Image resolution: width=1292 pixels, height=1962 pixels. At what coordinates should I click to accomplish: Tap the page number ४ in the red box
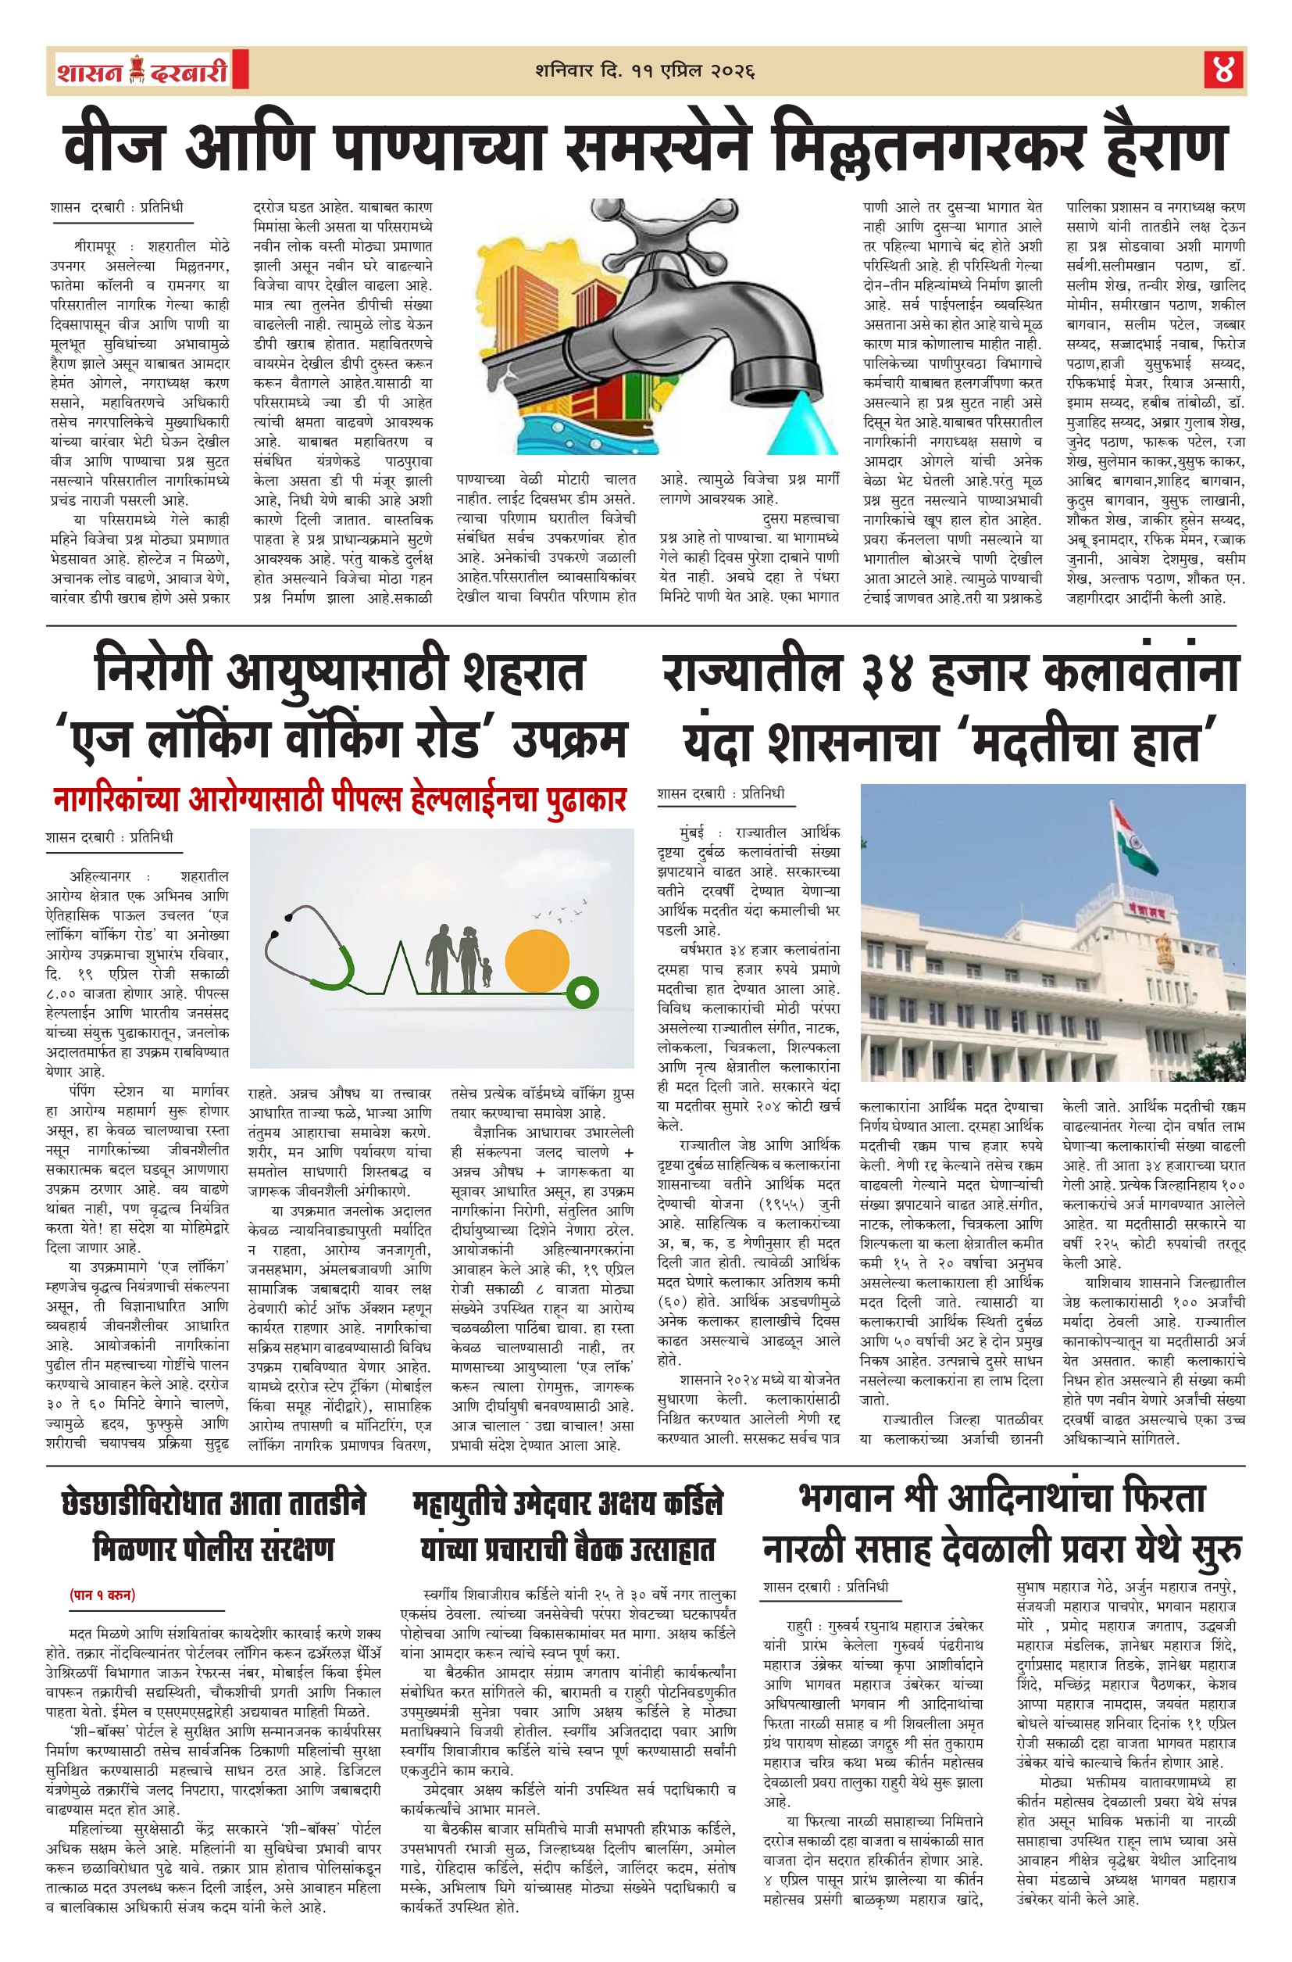click(x=1223, y=70)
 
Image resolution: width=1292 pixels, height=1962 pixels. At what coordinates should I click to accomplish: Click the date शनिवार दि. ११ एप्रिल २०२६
click(x=644, y=71)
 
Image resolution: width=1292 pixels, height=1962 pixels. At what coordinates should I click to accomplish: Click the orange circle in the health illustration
click(x=537, y=962)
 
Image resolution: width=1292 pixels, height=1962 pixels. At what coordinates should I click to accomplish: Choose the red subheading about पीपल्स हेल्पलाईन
click(x=340, y=800)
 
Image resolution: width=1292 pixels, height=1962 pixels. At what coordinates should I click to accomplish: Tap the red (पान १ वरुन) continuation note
click(x=102, y=1595)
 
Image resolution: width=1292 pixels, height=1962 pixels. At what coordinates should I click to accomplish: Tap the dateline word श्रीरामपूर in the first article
click(x=95, y=246)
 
